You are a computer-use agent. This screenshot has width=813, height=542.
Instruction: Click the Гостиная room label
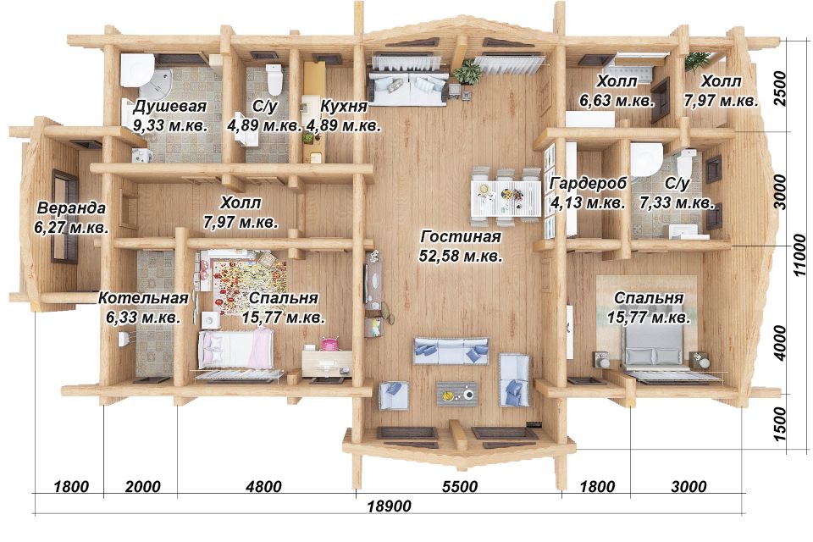(x=461, y=236)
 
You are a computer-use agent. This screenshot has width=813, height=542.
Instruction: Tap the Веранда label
(x=71, y=208)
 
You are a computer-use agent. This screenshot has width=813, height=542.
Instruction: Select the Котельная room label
(x=143, y=298)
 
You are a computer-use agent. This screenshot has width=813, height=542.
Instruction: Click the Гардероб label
(x=588, y=184)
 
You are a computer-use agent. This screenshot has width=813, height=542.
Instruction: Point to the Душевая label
(x=170, y=107)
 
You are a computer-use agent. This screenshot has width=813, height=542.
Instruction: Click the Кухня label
(x=344, y=106)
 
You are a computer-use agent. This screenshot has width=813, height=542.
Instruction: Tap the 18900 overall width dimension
(x=389, y=506)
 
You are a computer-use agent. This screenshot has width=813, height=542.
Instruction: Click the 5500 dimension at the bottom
(x=459, y=486)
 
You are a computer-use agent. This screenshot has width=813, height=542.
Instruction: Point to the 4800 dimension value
(x=263, y=486)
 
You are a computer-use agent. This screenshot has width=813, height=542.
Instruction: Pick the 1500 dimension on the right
(x=779, y=423)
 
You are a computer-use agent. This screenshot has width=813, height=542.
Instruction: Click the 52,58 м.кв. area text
(x=461, y=256)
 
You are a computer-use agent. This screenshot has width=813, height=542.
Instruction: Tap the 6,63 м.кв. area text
(x=617, y=101)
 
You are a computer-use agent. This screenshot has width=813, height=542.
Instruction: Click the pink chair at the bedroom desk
(x=329, y=343)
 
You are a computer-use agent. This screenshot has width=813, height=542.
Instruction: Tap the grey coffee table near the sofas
(x=456, y=394)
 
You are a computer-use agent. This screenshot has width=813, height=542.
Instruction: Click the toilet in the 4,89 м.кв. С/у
(x=274, y=79)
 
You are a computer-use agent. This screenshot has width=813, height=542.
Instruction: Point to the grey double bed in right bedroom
(x=653, y=349)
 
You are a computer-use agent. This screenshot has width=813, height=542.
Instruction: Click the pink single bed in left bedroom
(x=236, y=350)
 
